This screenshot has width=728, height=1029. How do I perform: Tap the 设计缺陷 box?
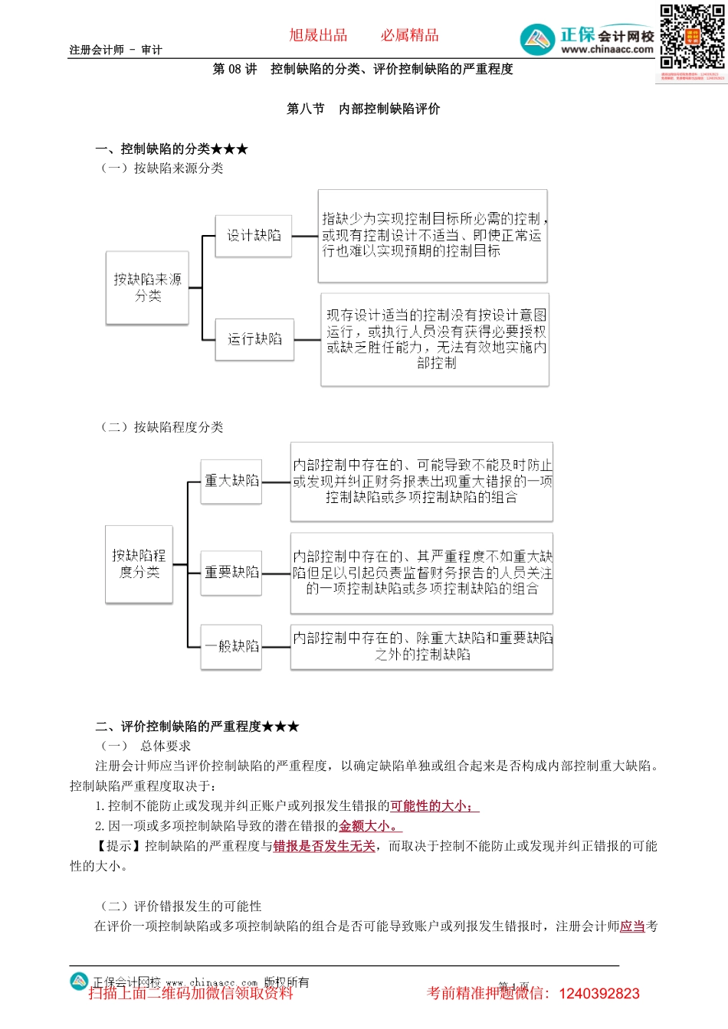[254, 236]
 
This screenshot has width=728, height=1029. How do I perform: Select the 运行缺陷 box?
[254, 338]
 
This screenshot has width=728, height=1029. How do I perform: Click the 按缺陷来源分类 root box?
[147, 288]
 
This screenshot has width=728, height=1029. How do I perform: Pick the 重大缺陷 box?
[231, 481]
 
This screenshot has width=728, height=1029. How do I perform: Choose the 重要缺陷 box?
[231, 572]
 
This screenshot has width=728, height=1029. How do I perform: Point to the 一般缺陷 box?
[231, 646]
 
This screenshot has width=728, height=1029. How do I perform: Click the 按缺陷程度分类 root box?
[139, 563]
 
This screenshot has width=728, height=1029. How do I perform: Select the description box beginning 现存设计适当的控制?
[435, 338]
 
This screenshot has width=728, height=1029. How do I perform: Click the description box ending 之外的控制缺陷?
[421, 646]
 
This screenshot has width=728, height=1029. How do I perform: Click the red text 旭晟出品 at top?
[318, 35]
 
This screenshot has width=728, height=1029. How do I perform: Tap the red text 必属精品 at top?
[410, 35]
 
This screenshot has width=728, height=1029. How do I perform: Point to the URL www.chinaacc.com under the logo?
[607, 50]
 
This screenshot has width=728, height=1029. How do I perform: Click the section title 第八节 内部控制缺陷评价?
[363, 109]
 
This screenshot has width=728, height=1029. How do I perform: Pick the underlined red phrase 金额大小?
[368, 826]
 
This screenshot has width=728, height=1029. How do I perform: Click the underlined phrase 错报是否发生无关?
[324, 846]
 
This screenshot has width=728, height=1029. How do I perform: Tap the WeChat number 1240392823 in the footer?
[598, 994]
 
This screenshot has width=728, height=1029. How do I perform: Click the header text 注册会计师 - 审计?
[116, 50]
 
